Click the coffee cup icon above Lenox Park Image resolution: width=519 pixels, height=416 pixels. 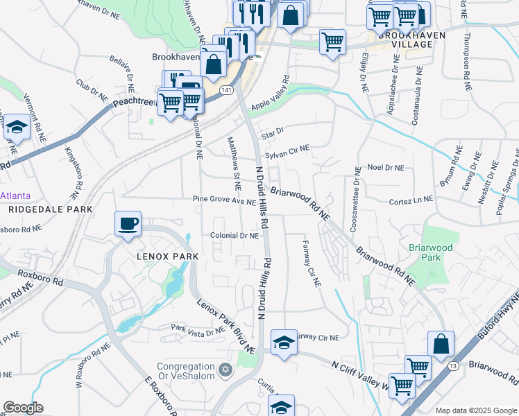128,224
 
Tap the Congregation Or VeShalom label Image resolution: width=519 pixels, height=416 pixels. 187,372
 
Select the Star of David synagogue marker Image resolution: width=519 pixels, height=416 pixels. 224,367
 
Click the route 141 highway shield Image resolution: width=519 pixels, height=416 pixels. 226,89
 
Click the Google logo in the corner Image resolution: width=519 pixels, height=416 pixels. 23,408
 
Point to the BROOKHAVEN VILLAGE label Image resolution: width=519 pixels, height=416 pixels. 400,39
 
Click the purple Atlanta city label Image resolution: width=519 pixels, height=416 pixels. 15,196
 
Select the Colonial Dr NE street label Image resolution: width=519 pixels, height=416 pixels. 235,236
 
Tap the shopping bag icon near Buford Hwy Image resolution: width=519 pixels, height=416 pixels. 441,343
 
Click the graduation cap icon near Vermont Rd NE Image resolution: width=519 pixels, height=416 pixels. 15,129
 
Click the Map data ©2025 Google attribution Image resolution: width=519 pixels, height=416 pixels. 476,410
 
